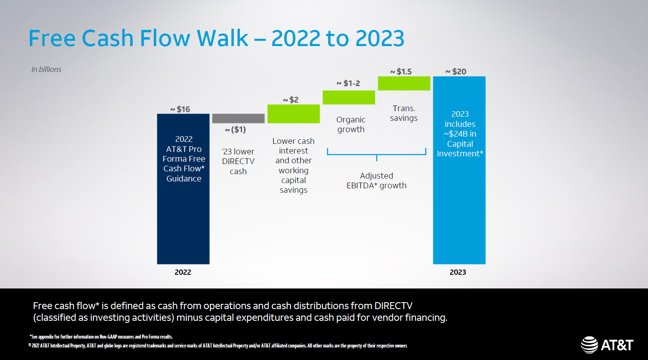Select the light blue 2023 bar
click(459, 210)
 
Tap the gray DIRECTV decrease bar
click(238, 118)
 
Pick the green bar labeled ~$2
click(293, 114)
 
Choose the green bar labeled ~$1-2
click(348, 97)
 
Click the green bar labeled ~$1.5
click(404, 83)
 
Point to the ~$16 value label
click(180, 109)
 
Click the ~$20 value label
click(456, 72)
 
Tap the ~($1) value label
click(236, 130)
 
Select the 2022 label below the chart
click(183, 272)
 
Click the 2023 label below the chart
click(458, 272)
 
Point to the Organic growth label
click(351, 124)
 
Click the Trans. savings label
click(404, 113)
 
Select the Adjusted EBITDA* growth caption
click(376, 181)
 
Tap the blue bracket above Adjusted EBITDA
click(376, 154)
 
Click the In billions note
click(46, 69)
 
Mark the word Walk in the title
click(222, 38)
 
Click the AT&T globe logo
click(589, 345)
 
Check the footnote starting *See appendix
click(101, 337)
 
